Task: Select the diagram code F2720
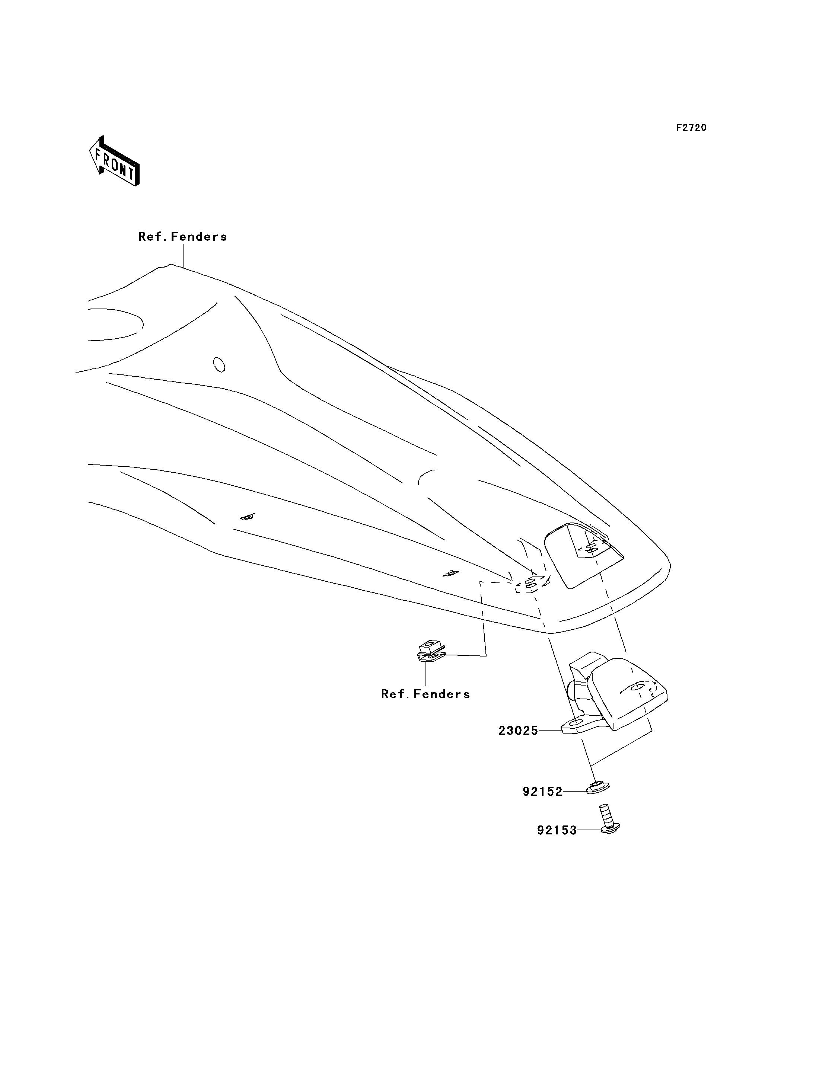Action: point(691,128)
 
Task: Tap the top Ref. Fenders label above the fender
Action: point(183,237)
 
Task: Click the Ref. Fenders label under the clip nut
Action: point(425,694)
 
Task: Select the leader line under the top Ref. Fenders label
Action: point(183,256)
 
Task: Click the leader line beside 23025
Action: point(550,744)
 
